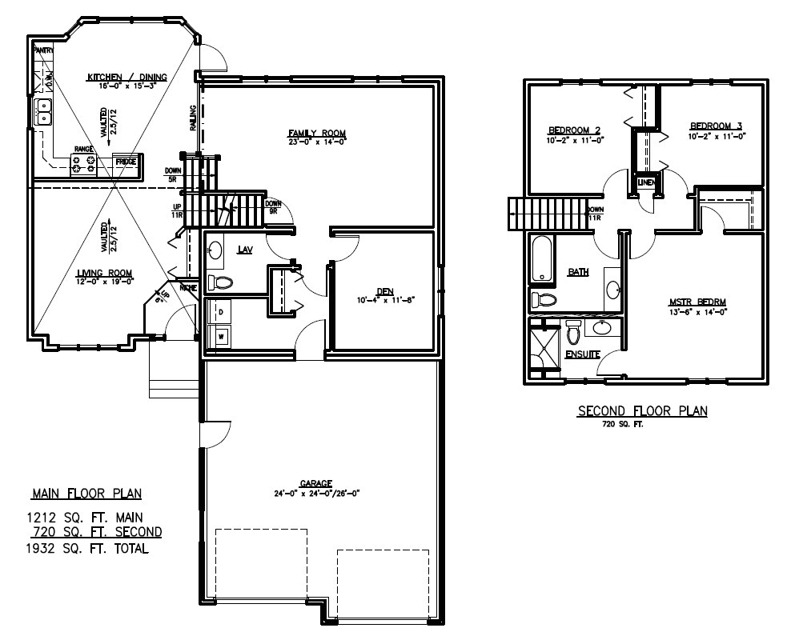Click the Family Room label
pyautogui.click(x=317, y=133)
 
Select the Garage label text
pyautogui.click(x=316, y=483)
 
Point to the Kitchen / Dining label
pyautogui.click(x=127, y=77)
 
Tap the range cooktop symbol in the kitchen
pyautogui.click(x=85, y=164)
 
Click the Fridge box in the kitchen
pyautogui.click(x=126, y=162)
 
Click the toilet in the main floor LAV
pyautogui.click(x=221, y=282)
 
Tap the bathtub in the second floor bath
pyautogui.click(x=542, y=260)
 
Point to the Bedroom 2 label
pyautogui.click(x=574, y=130)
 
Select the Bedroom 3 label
pyautogui.click(x=717, y=126)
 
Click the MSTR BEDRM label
pyautogui.click(x=697, y=302)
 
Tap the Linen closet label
pyautogui.click(x=647, y=183)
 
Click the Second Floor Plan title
pyautogui.click(x=642, y=411)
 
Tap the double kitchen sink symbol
pyautogui.click(x=43, y=112)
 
